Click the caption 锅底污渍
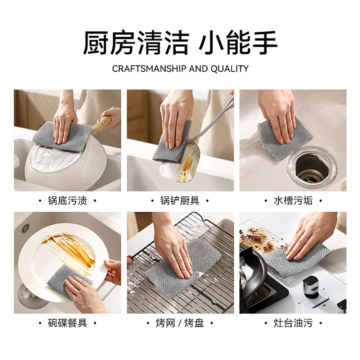tap(67, 201)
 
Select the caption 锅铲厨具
tap(180, 201)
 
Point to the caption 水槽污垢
tap(293, 201)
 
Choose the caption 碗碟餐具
tap(67, 323)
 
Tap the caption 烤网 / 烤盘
tap(180, 323)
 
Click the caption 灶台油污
tap(293, 323)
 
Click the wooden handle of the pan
tap(102, 124)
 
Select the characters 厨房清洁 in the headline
tap(136, 43)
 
